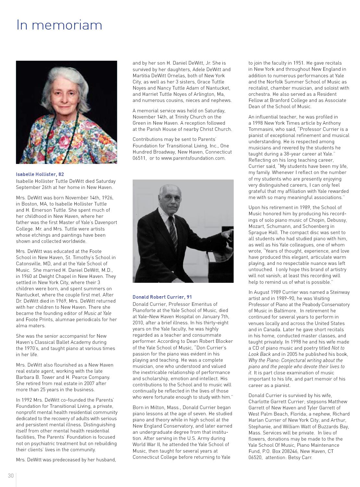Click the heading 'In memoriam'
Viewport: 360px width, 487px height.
59,25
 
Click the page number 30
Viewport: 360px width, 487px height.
11,476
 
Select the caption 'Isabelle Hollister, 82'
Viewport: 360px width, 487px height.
40,174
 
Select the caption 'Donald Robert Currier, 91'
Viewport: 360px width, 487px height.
162,297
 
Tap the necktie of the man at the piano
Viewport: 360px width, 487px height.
173,232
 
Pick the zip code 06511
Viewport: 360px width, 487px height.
139,158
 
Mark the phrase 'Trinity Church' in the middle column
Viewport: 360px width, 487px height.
178,117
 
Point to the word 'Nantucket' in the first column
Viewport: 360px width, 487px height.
28,295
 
